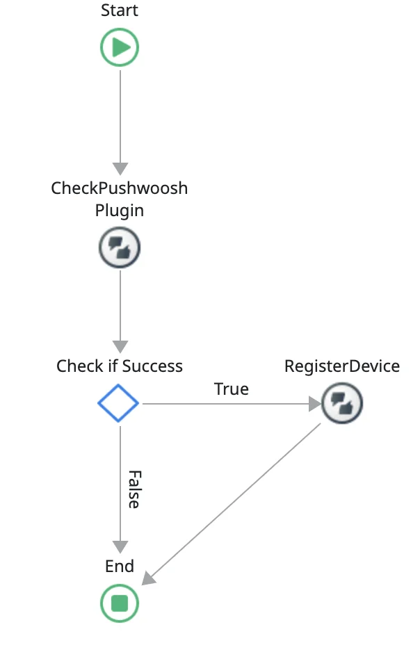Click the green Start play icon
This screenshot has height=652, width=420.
120,48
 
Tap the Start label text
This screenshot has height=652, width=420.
120,10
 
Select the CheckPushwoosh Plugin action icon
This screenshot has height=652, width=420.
120,247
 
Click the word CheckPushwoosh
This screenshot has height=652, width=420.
120,188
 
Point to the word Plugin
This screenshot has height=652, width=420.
120,211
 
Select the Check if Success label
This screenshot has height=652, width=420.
120,366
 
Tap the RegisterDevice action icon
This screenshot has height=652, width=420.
342,402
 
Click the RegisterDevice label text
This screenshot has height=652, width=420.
342,366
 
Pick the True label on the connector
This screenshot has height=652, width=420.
232,389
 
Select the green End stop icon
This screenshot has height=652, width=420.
120,602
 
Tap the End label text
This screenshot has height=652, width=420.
120,567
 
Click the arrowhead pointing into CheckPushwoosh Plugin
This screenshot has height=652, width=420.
120,169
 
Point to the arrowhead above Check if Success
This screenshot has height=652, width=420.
120,346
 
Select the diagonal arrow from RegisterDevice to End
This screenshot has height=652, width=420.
236,500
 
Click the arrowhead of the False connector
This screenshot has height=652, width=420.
120,546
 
